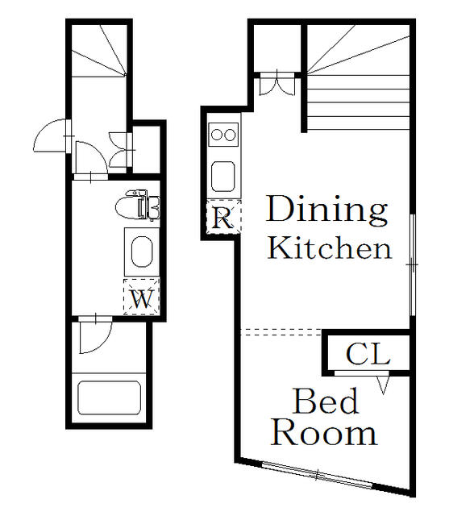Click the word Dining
(327, 210)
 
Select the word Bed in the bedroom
(326, 401)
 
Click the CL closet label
(368, 354)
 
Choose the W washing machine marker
(142, 298)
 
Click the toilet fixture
(138, 206)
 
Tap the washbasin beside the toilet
(142, 252)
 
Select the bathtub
(109, 397)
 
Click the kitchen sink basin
(223, 177)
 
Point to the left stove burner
(217, 135)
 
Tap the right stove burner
(230, 135)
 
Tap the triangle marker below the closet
(383, 385)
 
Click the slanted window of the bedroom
(317, 475)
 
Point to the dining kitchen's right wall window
(413, 265)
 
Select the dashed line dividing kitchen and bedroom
(281, 332)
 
